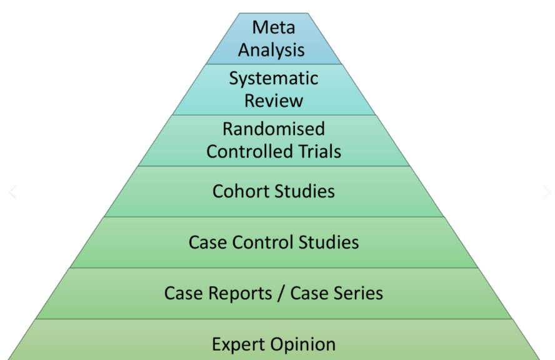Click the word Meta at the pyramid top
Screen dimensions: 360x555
[x=274, y=28]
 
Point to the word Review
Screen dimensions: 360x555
[x=274, y=100]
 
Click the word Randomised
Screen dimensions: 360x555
[x=274, y=129]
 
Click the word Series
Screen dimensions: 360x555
[x=359, y=293]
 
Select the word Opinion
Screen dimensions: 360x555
[x=303, y=344]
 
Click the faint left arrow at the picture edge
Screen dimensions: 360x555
[x=12, y=192]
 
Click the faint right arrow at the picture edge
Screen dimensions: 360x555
[x=547, y=192]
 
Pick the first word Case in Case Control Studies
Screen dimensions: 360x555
[x=207, y=242]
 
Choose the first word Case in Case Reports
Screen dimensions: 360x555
[x=182, y=293]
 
